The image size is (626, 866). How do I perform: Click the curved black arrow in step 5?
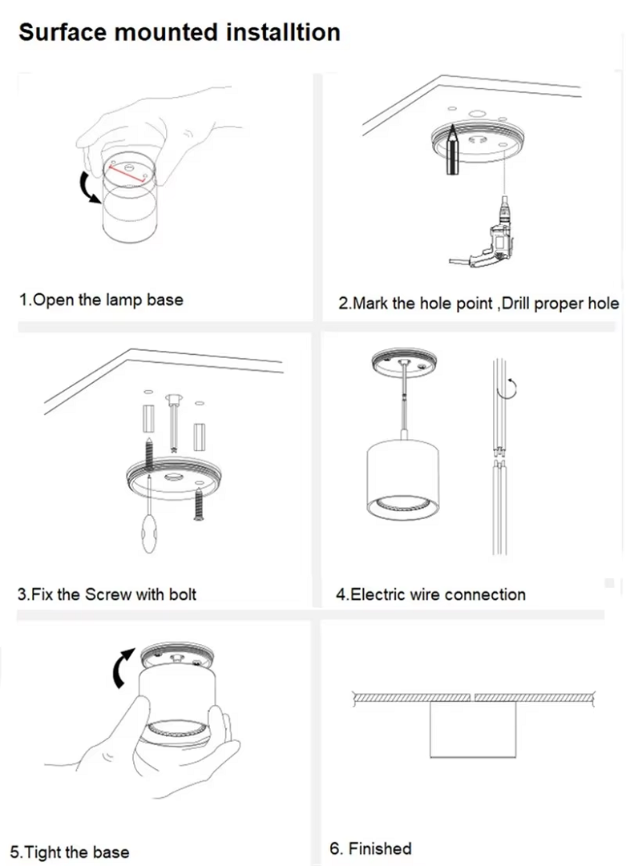[x=123, y=668]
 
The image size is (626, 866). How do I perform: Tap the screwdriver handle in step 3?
[x=150, y=534]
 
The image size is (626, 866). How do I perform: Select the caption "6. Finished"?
[x=371, y=848]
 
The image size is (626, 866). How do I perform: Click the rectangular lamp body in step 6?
[x=473, y=728]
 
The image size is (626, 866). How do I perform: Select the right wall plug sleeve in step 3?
[x=200, y=437]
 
